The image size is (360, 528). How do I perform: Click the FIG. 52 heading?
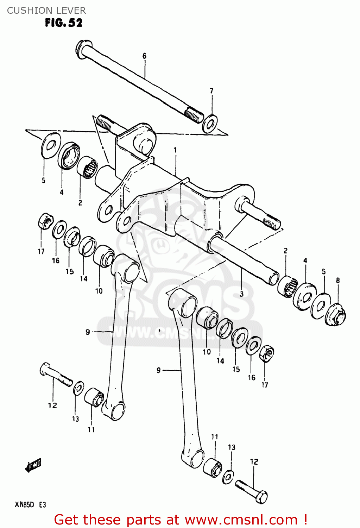[64, 23]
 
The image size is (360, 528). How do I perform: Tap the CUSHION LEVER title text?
[46, 10]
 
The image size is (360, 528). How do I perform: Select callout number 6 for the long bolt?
[144, 56]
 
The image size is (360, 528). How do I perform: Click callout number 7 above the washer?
[211, 91]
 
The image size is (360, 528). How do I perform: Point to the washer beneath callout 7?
[210, 124]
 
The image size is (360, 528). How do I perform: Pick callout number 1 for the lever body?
[175, 150]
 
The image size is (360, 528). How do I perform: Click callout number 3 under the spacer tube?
[241, 294]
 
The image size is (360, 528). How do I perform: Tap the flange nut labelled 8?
[336, 315]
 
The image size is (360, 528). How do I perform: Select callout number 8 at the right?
[338, 281]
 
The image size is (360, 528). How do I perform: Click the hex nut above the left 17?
[45, 221]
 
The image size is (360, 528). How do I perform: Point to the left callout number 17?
[41, 251]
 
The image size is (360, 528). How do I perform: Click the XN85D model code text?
[24, 505]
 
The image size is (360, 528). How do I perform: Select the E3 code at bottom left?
[42, 505]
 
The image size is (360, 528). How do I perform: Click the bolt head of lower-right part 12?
[261, 497]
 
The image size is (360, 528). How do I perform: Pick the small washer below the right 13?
[228, 477]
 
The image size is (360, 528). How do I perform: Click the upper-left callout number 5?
[44, 181]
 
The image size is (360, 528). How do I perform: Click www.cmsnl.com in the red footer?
[241, 520]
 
